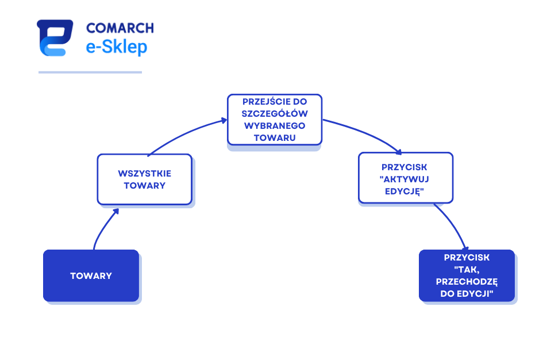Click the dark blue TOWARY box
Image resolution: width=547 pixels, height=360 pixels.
click(x=91, y=275)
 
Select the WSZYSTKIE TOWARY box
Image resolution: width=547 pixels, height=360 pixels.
click(x=145, y=179)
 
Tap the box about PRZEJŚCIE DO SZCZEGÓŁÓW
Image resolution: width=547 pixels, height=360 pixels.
click(x=275, y=120)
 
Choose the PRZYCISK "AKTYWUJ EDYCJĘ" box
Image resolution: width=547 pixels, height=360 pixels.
click(x=406, y=178)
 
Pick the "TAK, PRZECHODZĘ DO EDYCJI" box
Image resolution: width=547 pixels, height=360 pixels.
click(x=467, y=275)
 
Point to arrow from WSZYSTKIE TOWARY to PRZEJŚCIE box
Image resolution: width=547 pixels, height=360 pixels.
click(x=185, y=134)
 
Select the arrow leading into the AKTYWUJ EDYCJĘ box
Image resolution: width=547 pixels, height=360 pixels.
click(x=364, y=132)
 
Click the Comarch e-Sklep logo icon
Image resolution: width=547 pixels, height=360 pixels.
click(x=55, y=38)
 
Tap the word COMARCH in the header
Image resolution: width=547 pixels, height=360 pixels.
click(x=120, y=28)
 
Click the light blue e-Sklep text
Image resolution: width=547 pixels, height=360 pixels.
click(x=117, y=47)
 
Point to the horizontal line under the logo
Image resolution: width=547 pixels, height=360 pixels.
click(x=90, y=72)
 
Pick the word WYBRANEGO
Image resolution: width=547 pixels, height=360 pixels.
click(x=275, y=126)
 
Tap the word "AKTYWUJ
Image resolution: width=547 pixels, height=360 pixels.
click(x=405, y=179)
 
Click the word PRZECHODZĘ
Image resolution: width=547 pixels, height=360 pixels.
click(x=467, y=282)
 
